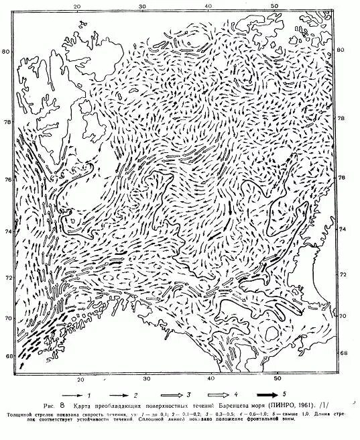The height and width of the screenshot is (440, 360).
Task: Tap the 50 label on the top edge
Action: (274, 6)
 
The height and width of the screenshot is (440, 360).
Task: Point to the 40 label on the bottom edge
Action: (211, 380)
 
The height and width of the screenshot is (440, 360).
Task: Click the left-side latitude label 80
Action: (6, 52)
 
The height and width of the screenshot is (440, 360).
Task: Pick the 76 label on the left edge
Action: (6, 181)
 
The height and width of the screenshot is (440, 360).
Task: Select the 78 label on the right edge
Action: (341, 119)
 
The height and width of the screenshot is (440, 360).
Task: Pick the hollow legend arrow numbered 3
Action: (178, 395)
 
